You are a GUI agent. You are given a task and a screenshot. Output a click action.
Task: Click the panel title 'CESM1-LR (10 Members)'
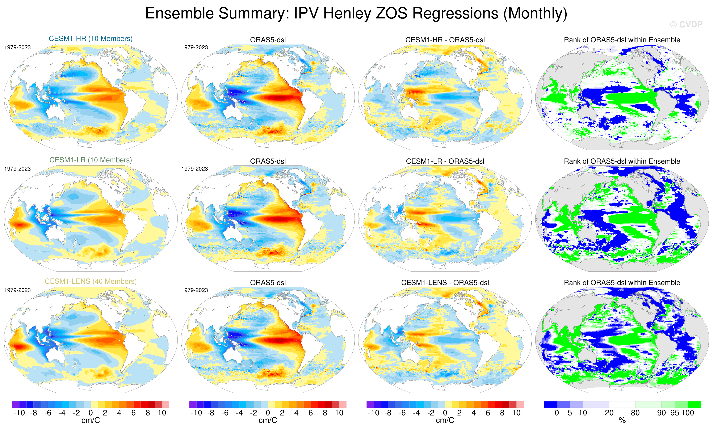tap(91, 160)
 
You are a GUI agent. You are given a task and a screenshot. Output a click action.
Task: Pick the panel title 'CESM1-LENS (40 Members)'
tap(91, 281)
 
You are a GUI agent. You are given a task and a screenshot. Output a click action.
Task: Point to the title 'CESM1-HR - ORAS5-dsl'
tap(445, 40)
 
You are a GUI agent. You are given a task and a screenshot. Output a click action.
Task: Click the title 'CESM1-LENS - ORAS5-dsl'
tap(445, 283)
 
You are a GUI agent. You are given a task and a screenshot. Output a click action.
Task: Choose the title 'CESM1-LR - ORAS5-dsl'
tap(445, 161)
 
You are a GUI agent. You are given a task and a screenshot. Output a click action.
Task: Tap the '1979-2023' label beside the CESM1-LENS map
tap(17, 290)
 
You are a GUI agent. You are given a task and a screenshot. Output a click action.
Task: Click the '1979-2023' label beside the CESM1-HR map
tap(17, 47)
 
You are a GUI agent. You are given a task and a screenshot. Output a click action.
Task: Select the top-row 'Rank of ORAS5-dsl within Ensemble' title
tap(622, 40)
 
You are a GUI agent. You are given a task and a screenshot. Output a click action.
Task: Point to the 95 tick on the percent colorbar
tap(675, 413)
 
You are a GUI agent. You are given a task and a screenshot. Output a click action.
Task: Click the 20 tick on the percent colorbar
tap(609, 413)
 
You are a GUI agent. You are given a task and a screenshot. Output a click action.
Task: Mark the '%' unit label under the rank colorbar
tap(622, 421)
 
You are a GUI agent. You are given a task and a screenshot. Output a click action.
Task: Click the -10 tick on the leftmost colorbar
tap(19, 413)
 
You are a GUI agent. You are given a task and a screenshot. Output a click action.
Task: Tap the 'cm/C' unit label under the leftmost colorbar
tap(91, 421)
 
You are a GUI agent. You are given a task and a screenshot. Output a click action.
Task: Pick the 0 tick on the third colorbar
tap(445, 413)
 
